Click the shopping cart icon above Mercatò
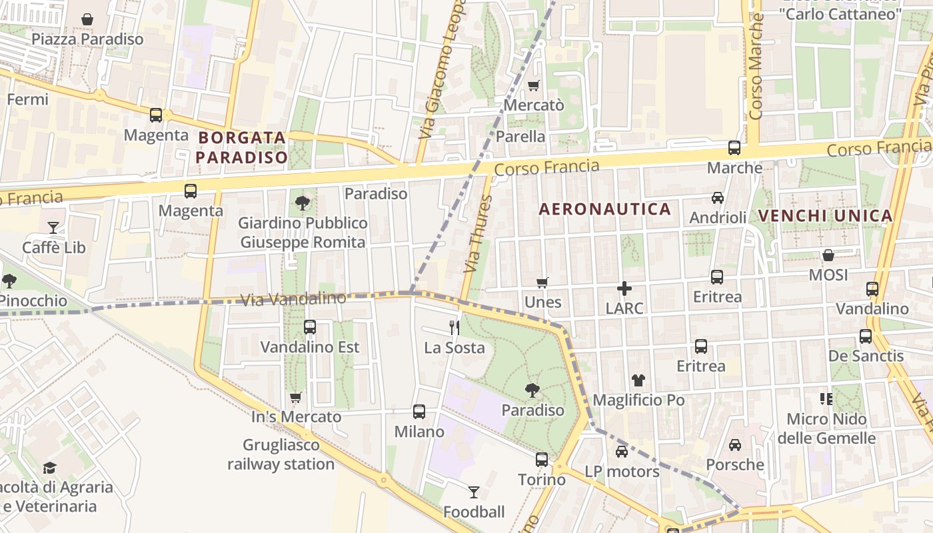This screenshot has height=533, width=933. (x=533, y=85)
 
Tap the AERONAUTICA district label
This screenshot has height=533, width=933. (x=604, y=209)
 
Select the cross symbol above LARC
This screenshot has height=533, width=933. (x=624, y=288)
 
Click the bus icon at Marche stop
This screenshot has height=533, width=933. (x=734, y=148)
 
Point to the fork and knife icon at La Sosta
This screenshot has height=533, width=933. (x=455, y=327)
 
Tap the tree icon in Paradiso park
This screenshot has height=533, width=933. (x=532, y=390)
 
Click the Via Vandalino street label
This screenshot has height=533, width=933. (x=293, y=299)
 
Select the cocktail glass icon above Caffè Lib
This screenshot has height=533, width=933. (x=53, y=228)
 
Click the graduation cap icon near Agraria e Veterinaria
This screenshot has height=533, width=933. (x=50, y=468)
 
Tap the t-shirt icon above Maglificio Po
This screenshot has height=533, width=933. (x=638, y=380)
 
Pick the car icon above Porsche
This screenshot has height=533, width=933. (x=735, y=445)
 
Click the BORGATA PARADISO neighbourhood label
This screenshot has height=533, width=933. (x=243, y=148)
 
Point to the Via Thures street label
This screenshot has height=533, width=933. (x=475, y=243)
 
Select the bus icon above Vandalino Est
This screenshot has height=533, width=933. (x=310, y=327)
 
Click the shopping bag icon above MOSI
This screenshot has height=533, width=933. (x=828, y=255)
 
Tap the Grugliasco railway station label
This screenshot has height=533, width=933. (x=281, y=454)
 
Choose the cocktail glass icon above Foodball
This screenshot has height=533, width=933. (x=474, y=492)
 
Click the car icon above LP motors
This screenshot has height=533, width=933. (x=622, y=452)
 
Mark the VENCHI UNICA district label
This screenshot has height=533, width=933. (x=825, y=216)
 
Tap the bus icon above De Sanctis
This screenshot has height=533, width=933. (x=866, y=336)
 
